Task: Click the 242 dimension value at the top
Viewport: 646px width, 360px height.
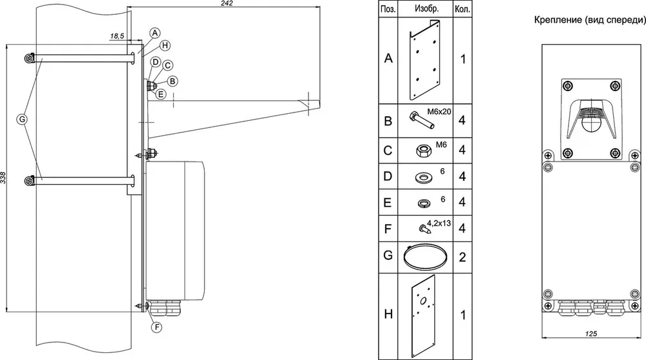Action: pos(227,3)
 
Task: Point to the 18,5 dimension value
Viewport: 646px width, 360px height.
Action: pos(117,36)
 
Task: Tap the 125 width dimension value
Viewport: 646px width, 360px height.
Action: pos(591,334)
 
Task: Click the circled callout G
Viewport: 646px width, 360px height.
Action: pos(22,120)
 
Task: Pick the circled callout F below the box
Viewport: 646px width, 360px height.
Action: pos(156,328)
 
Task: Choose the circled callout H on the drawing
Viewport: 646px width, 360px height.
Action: pos(165,45)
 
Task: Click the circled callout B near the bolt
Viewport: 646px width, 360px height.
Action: pos(172,81)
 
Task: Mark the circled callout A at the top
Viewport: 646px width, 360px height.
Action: pos(154,33)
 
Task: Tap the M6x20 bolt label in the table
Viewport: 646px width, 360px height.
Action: pos(439,111)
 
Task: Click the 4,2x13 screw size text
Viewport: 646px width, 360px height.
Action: pos(439,223)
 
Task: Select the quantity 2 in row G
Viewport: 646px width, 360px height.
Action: pos(463,257)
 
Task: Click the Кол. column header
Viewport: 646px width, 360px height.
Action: pos(463,9)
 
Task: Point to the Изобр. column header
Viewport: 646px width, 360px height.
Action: pos(426,8)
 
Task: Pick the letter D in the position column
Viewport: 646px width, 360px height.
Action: pos(388,176)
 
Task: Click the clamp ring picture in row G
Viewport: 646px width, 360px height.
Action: pos(425,257)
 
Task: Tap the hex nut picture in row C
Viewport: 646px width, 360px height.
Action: pos(424,150)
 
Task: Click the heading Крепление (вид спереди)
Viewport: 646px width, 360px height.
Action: pos(590,20)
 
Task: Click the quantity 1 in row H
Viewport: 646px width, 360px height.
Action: pos(463,315)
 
